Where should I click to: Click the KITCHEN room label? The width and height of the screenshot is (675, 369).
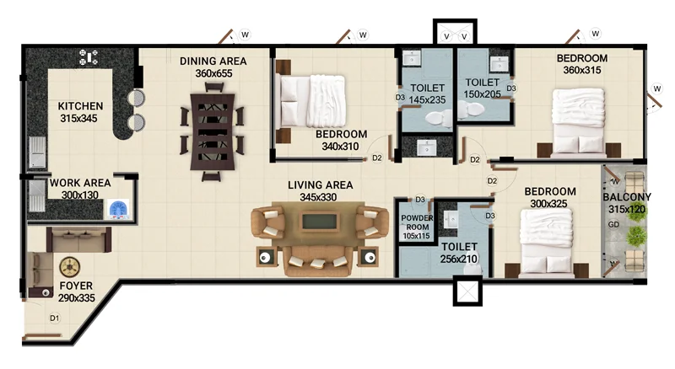pos(80,106)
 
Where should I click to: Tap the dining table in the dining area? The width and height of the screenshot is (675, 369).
pos(213,132)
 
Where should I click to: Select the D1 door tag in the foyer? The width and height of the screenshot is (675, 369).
pos(54,318)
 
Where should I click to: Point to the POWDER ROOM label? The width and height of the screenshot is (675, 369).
pos(417,222)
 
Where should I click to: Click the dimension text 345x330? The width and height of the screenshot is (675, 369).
pos(318,197)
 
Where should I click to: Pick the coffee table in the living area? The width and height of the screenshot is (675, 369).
pos(320,222)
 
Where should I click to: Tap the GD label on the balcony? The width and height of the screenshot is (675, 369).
pos(613,224)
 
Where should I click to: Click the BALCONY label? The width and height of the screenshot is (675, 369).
pos(627,197)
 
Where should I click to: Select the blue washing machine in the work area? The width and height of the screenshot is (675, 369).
pos(118,210)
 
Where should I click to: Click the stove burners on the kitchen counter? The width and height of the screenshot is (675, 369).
pos(89,57)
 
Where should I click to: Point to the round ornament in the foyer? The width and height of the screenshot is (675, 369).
pos(69,267)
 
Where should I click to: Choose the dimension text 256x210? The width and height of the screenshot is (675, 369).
pos(459,259)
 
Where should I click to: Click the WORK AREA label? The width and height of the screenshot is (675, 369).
pos(80,183)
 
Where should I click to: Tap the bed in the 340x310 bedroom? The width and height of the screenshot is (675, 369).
pos(312,101)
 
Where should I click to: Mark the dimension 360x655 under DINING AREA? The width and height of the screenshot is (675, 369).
pos(213,73)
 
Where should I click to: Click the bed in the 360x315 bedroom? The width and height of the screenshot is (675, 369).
pos(578,120)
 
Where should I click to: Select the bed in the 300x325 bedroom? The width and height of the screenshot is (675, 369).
pos(546,241)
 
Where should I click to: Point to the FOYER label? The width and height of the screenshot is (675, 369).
pos(76,286)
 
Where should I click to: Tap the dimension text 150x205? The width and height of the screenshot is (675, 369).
pos(482,94)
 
